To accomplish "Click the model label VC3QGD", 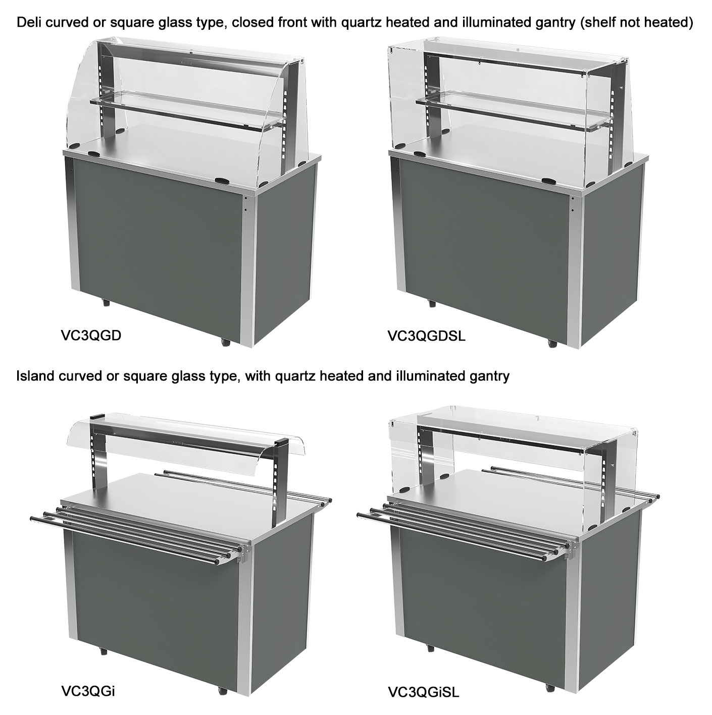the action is (91, 336).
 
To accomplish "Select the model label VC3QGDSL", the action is (426, 336).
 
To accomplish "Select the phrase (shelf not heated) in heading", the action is (637, 23).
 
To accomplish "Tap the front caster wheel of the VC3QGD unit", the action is (225, 341).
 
